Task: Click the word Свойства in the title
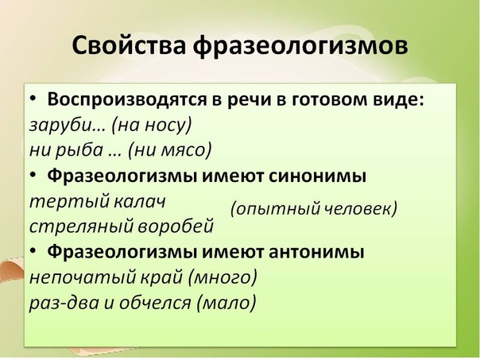[x=129, y=45]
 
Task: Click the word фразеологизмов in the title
[x=300, y=47]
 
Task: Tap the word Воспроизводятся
[x=126, y=100]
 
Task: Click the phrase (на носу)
[x=152, y=125]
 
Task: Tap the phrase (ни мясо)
[x=170, y=150]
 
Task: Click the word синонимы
[x=317, y=176]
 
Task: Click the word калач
[x=139, y=201]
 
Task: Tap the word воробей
[x=175, y=226]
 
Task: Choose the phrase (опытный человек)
[x=313, y=209]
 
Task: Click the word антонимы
[x=316, y=252]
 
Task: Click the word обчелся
[x=155, y=303]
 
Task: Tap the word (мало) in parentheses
[x=226, y=303]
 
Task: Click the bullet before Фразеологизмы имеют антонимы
[x=33, y=250]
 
